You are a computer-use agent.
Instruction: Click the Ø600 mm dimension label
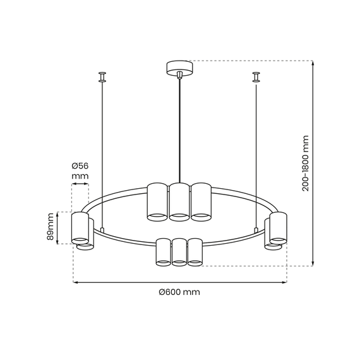click(x=179, y=292)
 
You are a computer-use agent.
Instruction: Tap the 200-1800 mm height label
click(x=305, y=162)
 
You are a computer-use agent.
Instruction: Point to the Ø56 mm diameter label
click(x=80, y=171)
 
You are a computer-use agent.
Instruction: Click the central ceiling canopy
click(x=180, y=67)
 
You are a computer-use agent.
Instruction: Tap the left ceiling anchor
click(x=102, y=78)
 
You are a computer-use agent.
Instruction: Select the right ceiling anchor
click(x=256, y=78)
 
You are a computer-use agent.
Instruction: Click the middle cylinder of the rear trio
click(x=179, y=202)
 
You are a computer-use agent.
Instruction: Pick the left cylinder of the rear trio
click(x=157, y=202)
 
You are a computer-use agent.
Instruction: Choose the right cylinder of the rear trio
click(x=201, y=202)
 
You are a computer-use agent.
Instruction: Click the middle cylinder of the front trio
click(x=179, y=251)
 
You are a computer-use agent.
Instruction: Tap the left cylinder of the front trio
click(x=164, y=251)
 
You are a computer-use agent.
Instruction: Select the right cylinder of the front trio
click(x=195, y=251)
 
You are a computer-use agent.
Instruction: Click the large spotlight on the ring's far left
click(x=80, y=228)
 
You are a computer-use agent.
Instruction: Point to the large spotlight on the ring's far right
click(x=279, y=228)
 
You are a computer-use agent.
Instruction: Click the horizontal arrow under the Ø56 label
click(x=80, y=184)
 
